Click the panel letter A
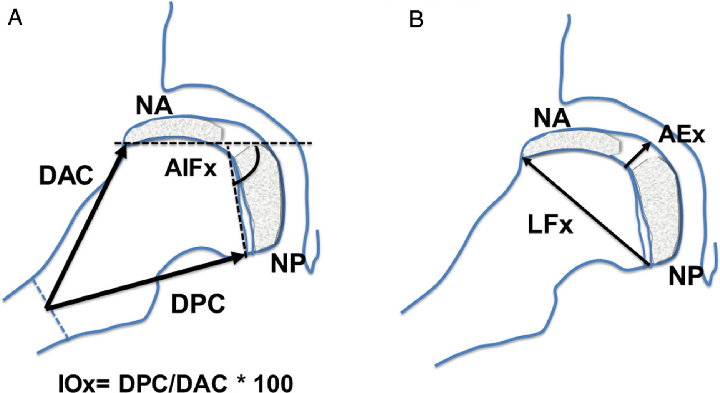tap(15, 18)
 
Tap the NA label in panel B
tap(552, 119)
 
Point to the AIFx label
tap(190, 169)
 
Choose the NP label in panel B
tap(685, 276)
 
